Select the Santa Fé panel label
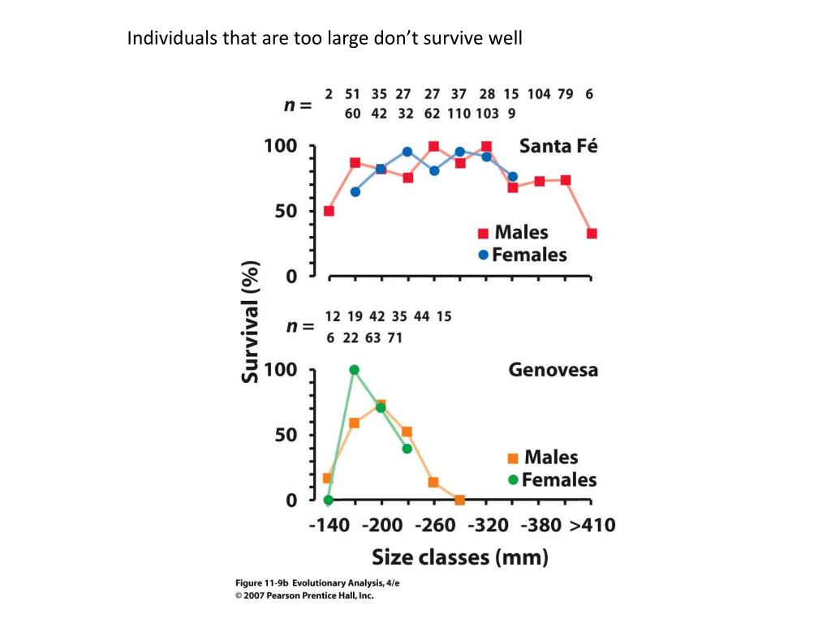point(558,147)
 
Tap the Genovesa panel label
point(553,370)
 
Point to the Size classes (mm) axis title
point(459,557)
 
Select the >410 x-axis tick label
point(591,525)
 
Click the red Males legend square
point(483,234)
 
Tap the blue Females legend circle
point(484,255)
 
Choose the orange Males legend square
point(513,458)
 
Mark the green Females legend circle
point(513,479)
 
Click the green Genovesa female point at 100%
point(354,370)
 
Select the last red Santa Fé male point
point(592,234)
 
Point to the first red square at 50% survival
point(329,211)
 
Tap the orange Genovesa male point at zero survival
point(459,500)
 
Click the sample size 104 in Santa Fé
point(539,93)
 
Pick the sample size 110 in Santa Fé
point(459,114)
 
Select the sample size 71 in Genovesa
point(395,337)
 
